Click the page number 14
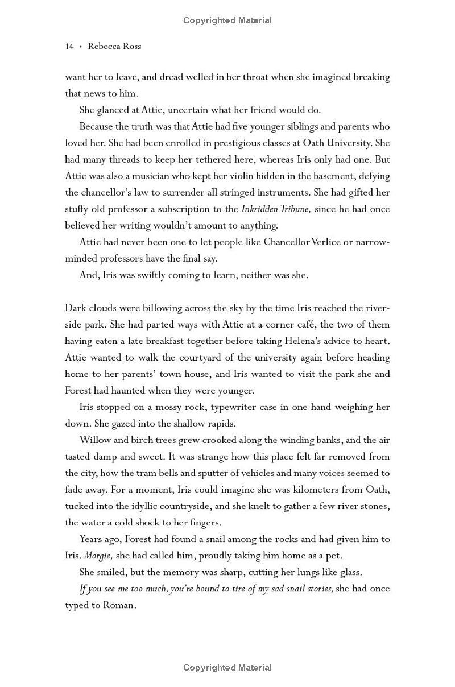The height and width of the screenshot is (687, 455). (69, 47)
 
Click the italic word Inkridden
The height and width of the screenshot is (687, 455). (262, 209)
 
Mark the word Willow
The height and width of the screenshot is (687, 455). (96, 440)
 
